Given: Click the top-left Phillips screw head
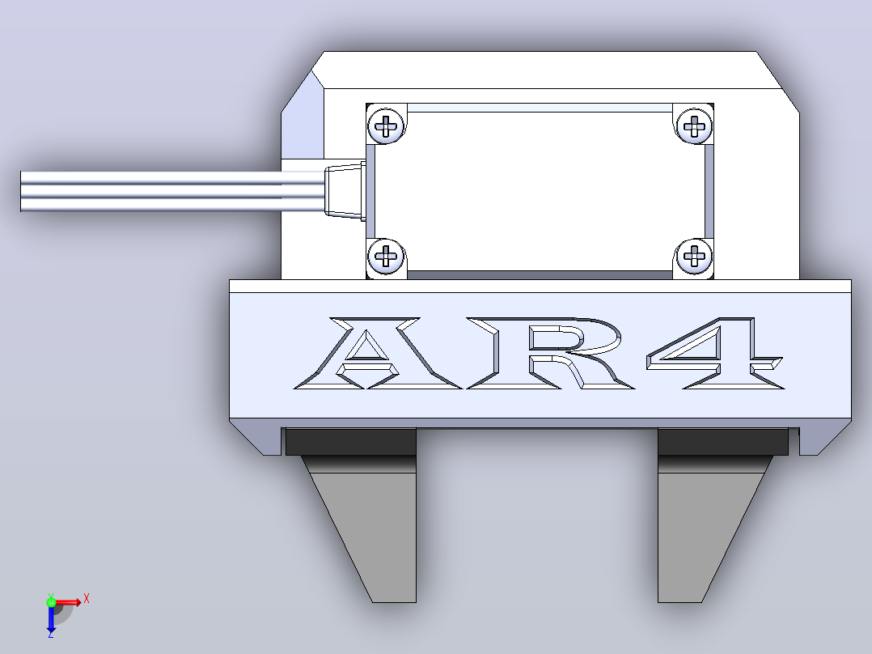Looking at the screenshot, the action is (x=387, y=125).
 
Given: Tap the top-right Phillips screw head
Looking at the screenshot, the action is (x=694, y=125).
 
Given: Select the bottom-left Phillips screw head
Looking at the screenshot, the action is (x=387, y=257).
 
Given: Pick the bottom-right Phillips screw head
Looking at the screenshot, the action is (x=694, y=257).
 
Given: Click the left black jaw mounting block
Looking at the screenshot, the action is (x=351, y=442).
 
